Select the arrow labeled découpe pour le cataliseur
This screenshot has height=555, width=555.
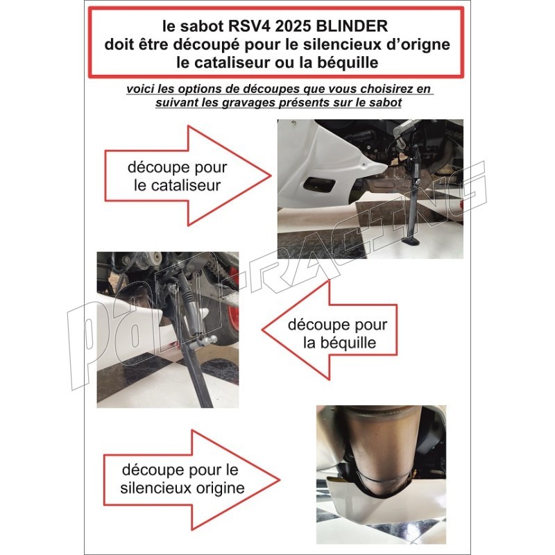187,176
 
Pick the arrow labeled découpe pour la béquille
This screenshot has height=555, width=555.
330,330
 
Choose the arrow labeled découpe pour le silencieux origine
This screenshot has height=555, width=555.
192,480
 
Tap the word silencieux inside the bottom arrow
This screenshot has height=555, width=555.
153,488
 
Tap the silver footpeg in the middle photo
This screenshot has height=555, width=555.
204,341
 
